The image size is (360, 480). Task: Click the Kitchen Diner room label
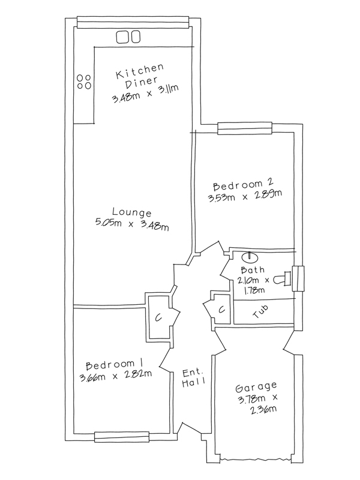(x=140, y=76)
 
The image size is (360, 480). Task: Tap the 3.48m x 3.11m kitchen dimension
(x=145, y=94)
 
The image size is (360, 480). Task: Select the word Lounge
(x=132, y=212)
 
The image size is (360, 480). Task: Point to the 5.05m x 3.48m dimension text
(x=132, y=224)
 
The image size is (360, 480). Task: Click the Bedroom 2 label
(x=243, y=185)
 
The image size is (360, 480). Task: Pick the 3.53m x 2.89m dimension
(x=245, y=196)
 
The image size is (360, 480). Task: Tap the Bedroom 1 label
(x=115, y=364)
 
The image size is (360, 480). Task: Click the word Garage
(x=256, y=387)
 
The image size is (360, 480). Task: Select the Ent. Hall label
(x=193, y=378)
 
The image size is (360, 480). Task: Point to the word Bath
(x=253, y=270)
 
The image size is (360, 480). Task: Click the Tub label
(x=260, y=311)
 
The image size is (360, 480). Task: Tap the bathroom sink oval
(x=250, y=257)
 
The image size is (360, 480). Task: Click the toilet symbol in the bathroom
(x=282, y=279)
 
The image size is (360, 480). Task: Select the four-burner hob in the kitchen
(x=83, y=82)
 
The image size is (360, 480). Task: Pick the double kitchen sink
(x=128, y=37)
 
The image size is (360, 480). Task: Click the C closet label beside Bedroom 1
(x=158, y=319)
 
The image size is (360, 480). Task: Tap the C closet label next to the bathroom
(x=222, y=310)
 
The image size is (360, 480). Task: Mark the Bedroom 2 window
(x=245, y=128)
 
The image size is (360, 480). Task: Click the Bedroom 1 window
(x=122, y=437)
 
